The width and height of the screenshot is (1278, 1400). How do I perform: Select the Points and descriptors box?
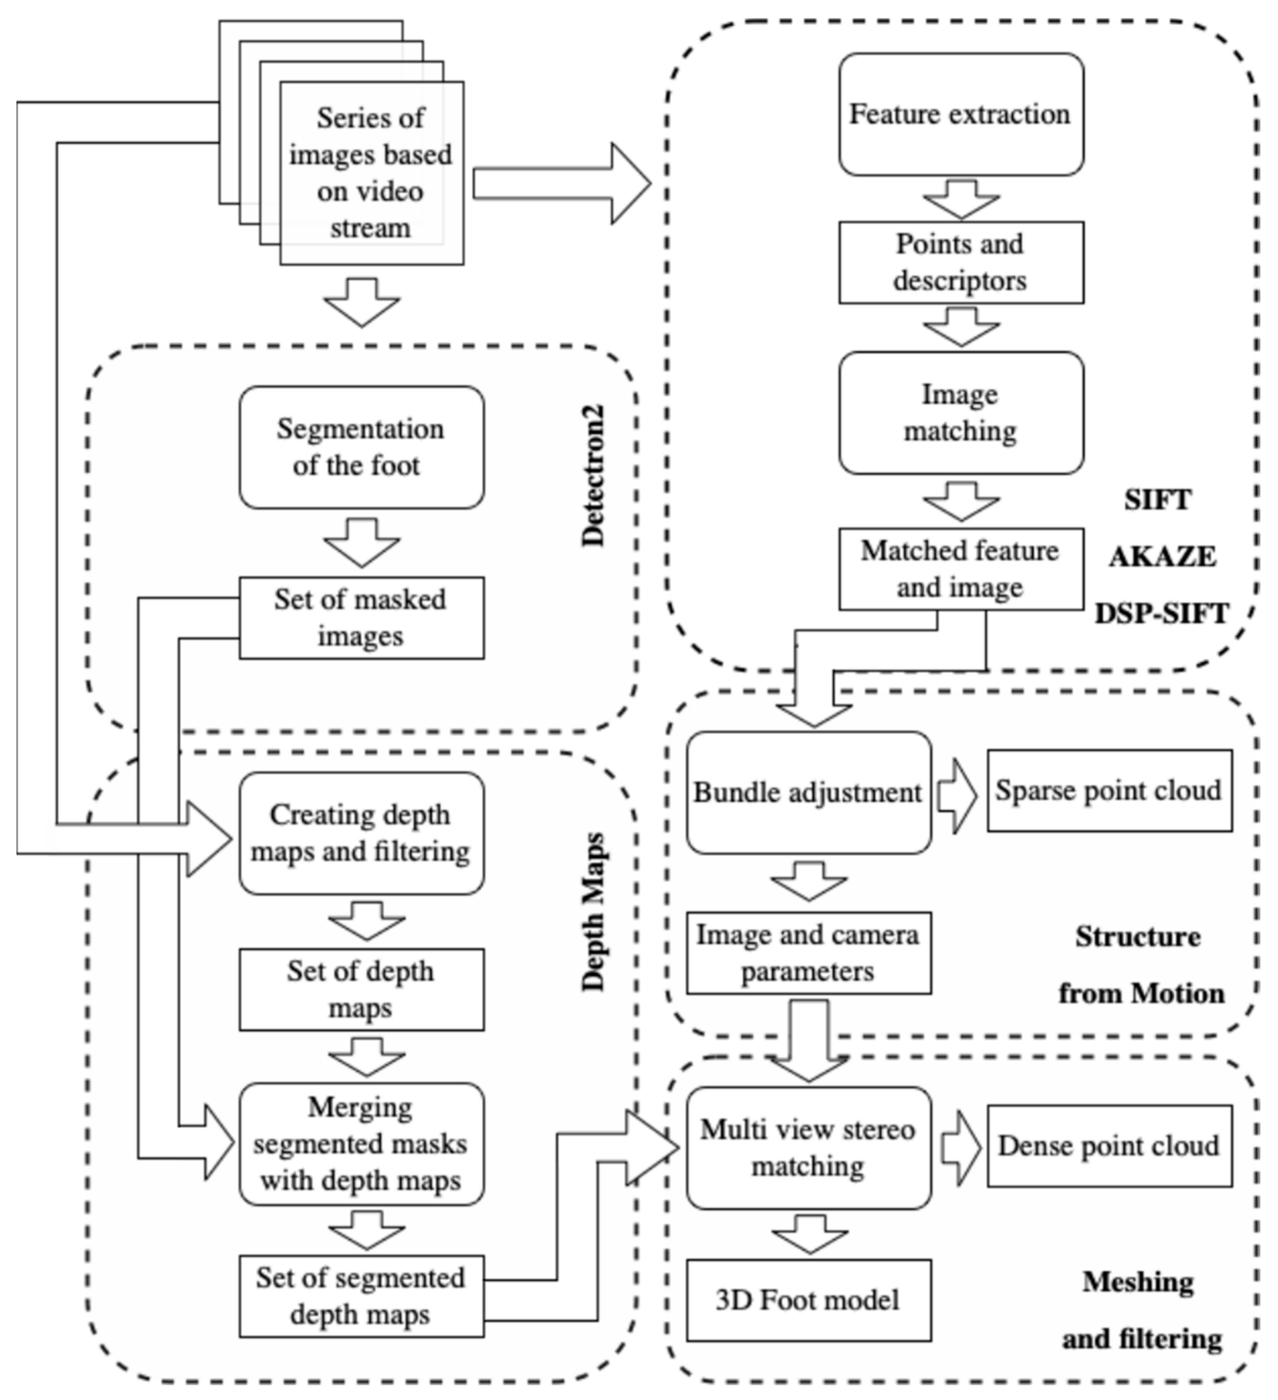click(961, 263)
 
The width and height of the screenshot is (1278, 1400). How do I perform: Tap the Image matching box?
click(961, 413)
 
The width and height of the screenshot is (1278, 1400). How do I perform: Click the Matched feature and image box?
click(961, 569)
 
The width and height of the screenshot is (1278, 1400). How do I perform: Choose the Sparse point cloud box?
click(1108, 790)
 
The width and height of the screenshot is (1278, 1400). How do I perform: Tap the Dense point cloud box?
click(1108, 1146)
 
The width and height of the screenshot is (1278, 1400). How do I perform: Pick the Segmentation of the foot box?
click(361, 447)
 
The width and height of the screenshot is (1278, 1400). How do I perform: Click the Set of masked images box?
click(361, 617)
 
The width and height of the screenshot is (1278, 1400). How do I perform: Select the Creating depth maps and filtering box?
click(361, 833)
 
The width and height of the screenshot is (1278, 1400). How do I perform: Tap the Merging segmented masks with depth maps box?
click(361, 1144)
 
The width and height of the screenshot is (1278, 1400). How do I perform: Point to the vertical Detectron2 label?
click(593, 476)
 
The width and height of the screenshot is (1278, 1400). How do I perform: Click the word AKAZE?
click(1161, 557)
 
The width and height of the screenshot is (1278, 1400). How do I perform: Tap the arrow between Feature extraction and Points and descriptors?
click(961, 199)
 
